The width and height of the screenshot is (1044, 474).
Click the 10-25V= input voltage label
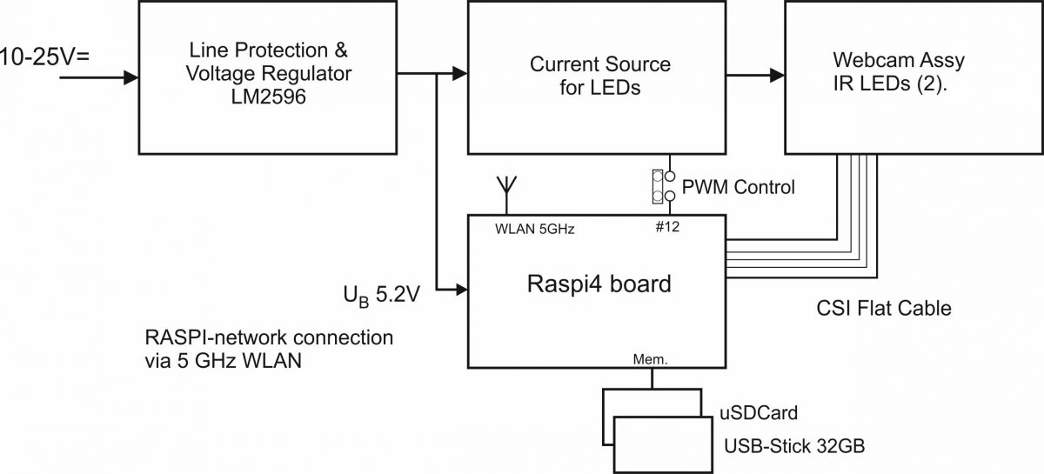[45, 57]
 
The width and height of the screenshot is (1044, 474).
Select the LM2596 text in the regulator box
[269, 100]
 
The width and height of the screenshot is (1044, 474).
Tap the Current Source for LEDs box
[599, 77]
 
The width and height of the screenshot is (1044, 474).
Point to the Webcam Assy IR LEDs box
[900, 77]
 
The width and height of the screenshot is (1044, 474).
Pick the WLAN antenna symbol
[504, 187]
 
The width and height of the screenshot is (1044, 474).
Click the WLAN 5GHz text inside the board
[533, 230]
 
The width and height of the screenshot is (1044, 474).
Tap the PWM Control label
[739, 186]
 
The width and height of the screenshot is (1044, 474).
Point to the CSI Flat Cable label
[884, 308]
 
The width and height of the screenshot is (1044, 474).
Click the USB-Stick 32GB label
[794, 448]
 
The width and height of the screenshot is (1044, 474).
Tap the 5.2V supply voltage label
[383, 295]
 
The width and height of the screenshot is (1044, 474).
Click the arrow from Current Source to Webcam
[756, 77]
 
